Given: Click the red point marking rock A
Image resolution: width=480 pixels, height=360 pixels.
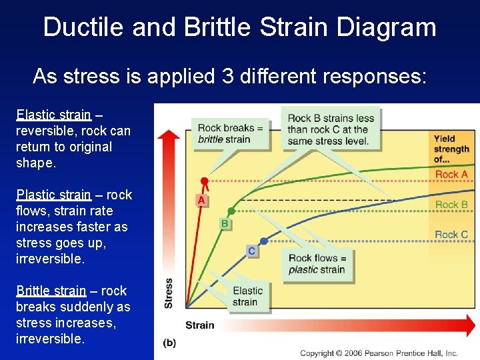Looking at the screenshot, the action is click(x=204, y=181).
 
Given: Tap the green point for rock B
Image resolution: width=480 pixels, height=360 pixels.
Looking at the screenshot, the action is click(x=231, y=210).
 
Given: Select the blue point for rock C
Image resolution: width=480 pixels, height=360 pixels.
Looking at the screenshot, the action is click(x=264, y=241).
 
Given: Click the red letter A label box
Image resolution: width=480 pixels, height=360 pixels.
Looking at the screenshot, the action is click(x=201, y=200).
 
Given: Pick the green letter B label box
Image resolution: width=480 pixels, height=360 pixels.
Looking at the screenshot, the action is click(x=225, y=224).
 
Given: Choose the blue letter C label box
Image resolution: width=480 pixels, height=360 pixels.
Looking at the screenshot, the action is click(x=251, y=251).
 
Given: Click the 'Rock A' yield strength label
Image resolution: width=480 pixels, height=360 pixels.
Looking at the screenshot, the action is click(x=451, y=175).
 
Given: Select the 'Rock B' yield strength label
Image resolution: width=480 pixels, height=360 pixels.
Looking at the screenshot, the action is click(x=451, y=205).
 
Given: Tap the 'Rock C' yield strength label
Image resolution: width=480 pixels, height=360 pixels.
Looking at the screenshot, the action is click(x=451, y=235).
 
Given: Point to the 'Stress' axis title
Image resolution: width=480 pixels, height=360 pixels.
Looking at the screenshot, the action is click(x=169, y=293).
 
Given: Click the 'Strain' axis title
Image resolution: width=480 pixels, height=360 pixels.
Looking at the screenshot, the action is click(x=199, y=325).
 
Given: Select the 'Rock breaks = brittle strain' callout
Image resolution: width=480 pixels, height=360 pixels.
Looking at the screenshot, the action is click(x=230, y=133).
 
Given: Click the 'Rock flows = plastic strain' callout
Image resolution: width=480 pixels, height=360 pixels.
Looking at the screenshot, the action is click(x=317, y=264).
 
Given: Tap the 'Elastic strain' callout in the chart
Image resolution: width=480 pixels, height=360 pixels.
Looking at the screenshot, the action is click(x=247, y=296).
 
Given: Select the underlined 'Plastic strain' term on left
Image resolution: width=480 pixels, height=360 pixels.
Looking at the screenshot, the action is click(x=53, y=195).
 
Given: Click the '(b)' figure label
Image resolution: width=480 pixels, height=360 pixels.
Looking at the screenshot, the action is click(x=169, y=343).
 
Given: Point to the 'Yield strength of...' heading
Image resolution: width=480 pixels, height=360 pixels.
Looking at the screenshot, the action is click(x=451, y=149).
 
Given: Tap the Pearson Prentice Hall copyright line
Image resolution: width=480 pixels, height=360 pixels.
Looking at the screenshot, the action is click(x=379, y=353).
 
